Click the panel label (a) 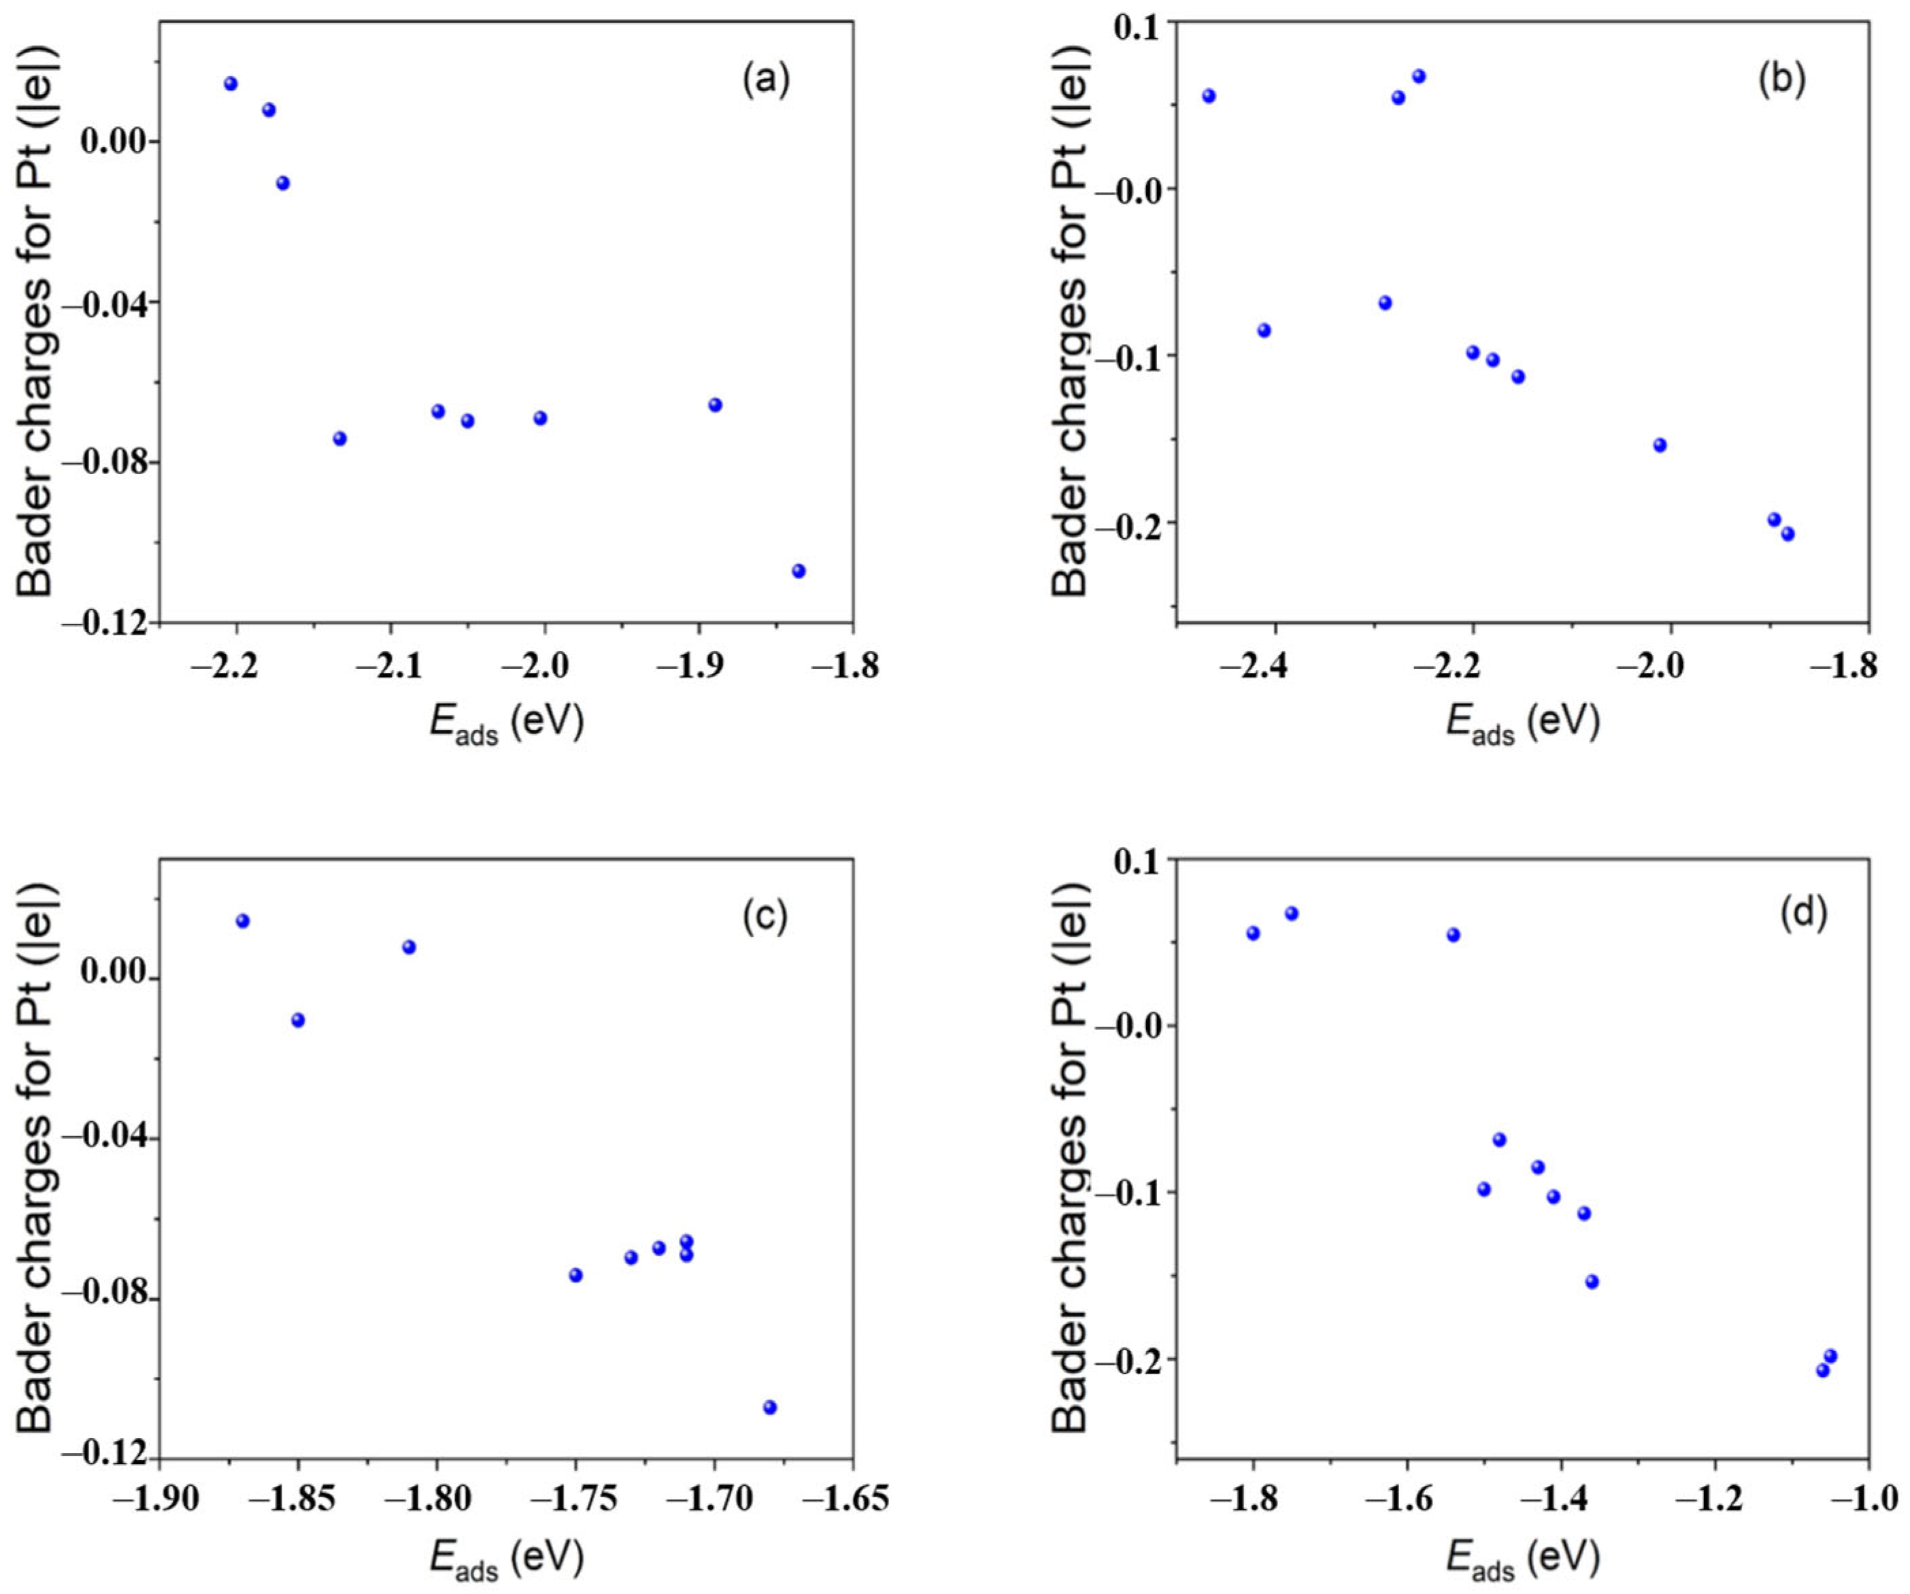(x=766, y=81)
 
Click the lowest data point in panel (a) (x=799, y=571)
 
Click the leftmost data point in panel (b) (x=1209, y=95)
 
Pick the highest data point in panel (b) (x=1419, y=76)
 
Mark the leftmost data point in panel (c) (x=243, y=920)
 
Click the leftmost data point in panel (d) (x=1252, y=933)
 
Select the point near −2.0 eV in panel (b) (x=1660, y=445)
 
